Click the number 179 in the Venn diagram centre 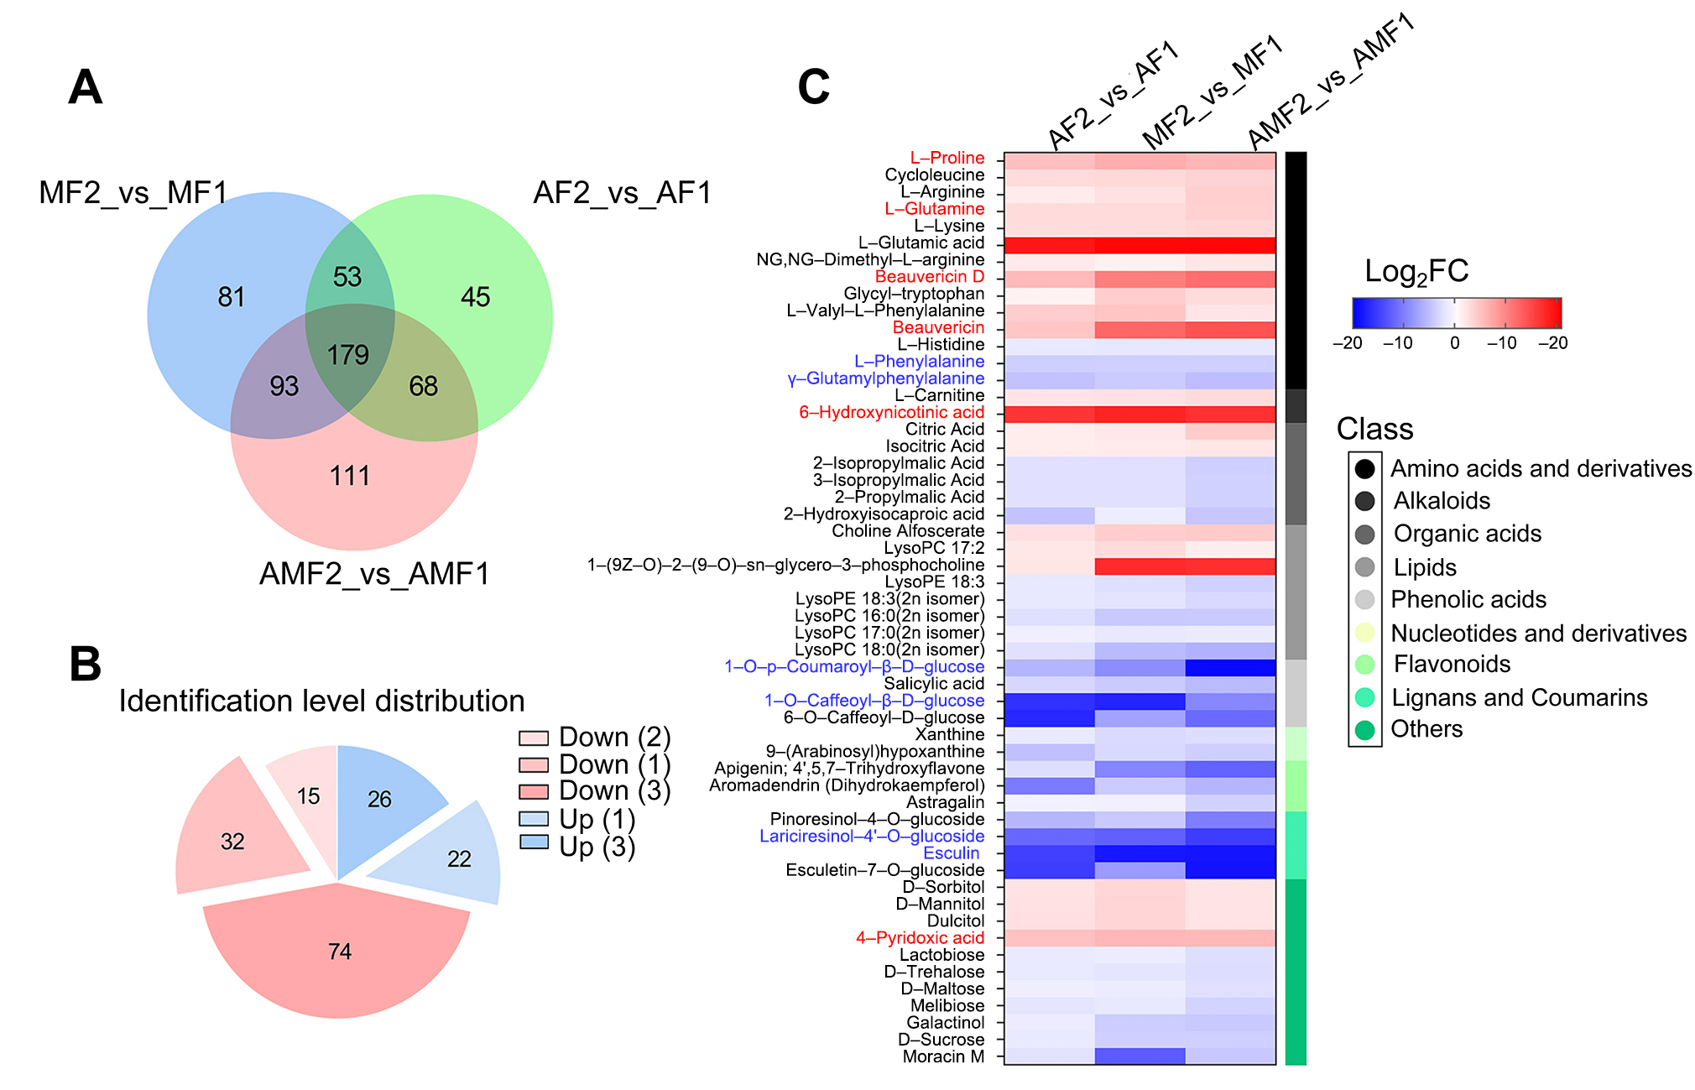tap(348, 355)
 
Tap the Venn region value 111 tap(350, 476)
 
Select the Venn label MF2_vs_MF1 tap(133, 193)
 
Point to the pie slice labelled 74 tap(339, 951)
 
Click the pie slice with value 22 tap(459, 858)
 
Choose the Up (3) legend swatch tap(534, 842)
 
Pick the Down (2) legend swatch tap(534, 738)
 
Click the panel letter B tap(86, 665)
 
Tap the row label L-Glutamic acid tap(921, 243)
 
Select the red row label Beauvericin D tap(929, 277)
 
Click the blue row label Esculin tap(952, 853)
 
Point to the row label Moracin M tap(943, 1056)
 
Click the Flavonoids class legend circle tap(1365, 665)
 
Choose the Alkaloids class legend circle tap(1365, 501)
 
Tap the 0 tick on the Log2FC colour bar tap(1455, 342)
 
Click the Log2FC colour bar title tap(1416, 272)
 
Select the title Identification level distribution tap(321, 701)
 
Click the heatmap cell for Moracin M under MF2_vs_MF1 tap(1140, 1056)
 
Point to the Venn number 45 tap(476, 296)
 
